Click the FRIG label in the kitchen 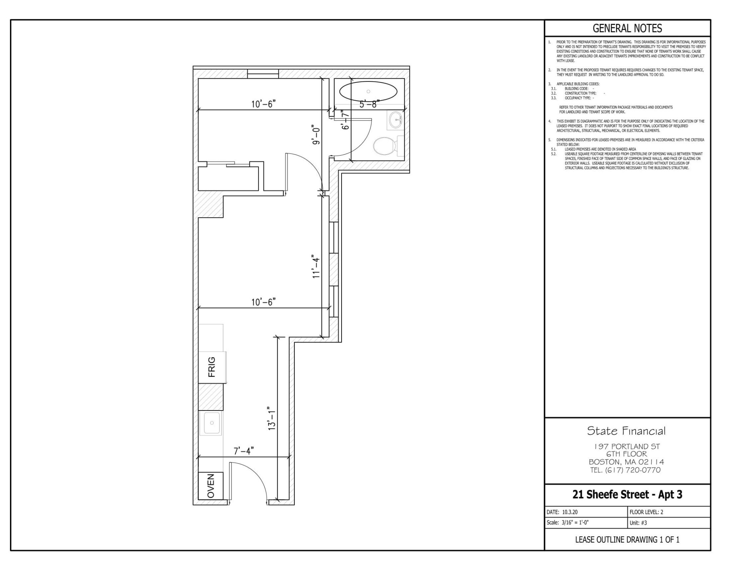[212, 367]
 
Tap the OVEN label [211, 486]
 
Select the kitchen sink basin [212, 423]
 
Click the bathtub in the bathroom [368, 92]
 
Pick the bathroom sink [395, 120]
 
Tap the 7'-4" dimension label [244, 451]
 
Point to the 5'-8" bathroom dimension [369, 105]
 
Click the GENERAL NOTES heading [627, 28]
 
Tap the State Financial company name [626, 431]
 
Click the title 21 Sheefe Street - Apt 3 [627, 495]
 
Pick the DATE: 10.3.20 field [562, 512]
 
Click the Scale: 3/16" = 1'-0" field [568, 523]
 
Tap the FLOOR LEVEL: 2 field [646, 512]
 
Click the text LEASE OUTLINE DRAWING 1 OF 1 [627, 540]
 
